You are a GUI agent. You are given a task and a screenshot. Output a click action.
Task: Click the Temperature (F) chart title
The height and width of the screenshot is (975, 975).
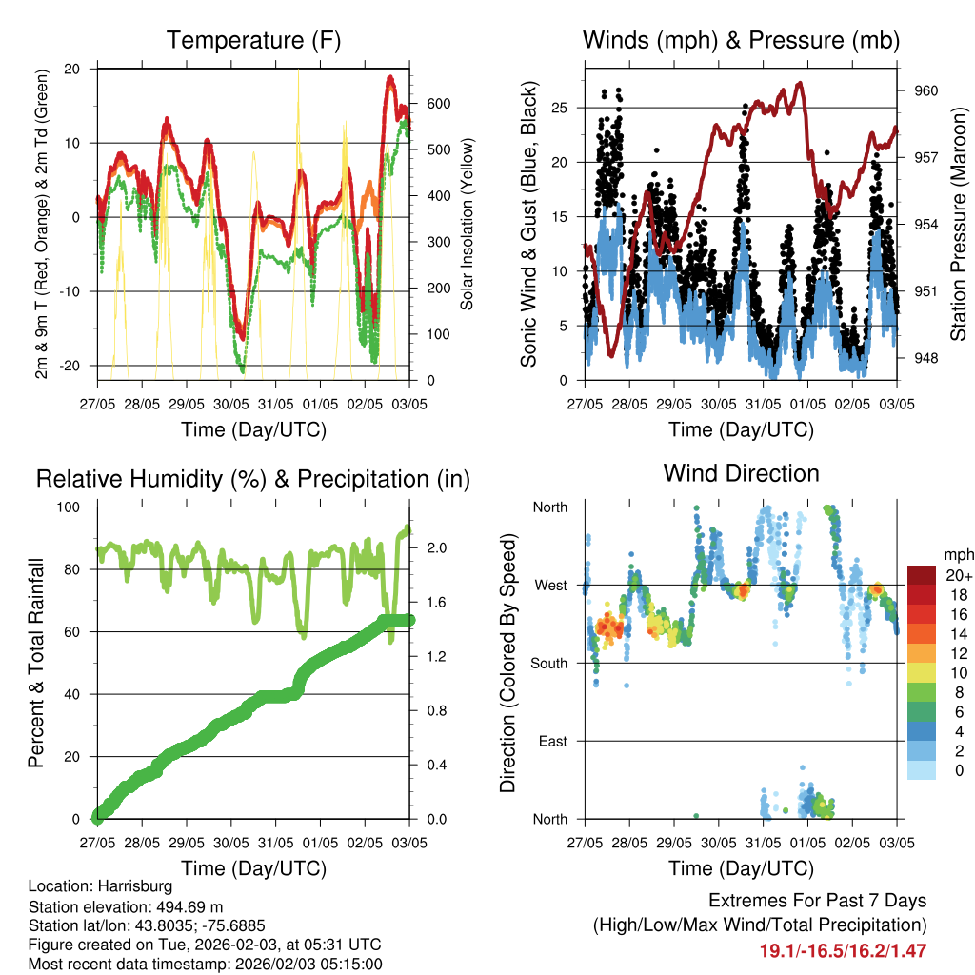click(253, 40)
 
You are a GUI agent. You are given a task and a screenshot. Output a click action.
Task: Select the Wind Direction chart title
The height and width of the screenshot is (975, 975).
click(741, 472)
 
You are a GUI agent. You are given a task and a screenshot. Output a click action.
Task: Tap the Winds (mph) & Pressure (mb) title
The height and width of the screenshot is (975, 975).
click(741, 40)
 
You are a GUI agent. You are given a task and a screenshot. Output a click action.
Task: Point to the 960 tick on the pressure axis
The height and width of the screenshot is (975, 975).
click(926, 90)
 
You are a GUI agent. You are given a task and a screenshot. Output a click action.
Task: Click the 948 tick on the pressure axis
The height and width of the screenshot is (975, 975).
click(926, 358)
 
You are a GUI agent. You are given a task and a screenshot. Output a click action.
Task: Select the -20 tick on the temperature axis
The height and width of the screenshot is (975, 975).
click(72, 366)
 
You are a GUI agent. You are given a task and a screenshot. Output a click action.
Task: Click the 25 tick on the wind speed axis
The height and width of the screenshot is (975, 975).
click(561, 108)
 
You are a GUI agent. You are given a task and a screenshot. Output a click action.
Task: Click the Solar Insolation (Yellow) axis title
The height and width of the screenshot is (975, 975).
click(468, 224)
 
